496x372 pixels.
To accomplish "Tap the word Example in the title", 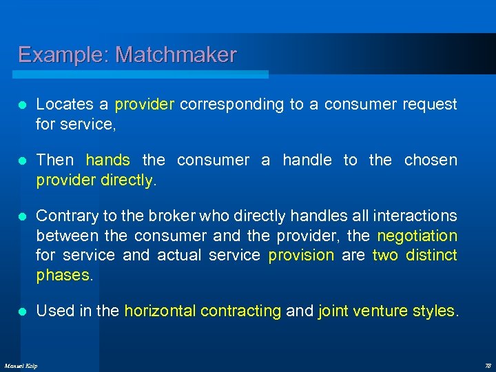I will pyautogui.click(x=63, y=54).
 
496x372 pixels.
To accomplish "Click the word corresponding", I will pyautogui.click(x=232, y=105).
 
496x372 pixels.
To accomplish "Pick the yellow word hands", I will pyautogui.click(x=107, y=161).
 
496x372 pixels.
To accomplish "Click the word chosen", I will pyautogui.click(x=431, y=161).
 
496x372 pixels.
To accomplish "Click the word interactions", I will pyautogui.click(x=415, y=216).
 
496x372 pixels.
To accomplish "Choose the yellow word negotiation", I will pyautogui.click(x=417, y=236).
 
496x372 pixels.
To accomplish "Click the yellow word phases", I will pyautogui.click(x=63, y=275).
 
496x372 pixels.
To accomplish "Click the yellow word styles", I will pyautogui.click(x=433, y=311).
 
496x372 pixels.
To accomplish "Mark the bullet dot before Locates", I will pyautogui.click(x=23, y=105).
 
